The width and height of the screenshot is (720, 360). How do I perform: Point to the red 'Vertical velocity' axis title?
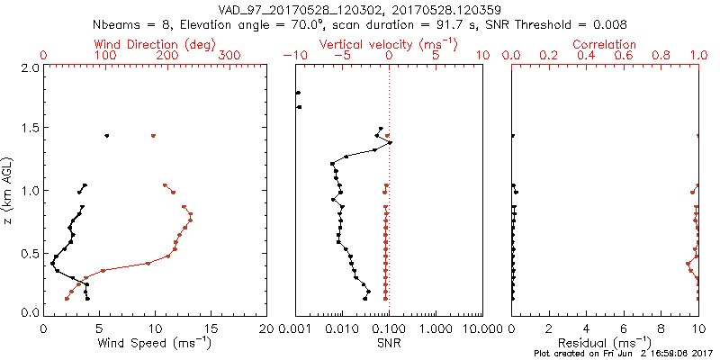(388, 44)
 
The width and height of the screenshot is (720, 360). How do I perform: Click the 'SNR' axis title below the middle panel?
(388, 342)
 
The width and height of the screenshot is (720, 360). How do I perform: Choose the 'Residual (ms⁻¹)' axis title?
(606, 342)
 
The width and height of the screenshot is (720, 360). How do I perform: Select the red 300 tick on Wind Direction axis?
(229, 56)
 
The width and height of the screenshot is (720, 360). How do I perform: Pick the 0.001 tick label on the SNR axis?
(294, 328)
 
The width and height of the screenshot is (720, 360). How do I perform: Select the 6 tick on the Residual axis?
(624, 328)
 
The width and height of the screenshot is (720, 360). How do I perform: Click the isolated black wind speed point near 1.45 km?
(107, 136)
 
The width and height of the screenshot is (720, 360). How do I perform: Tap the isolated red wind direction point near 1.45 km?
(154, 136)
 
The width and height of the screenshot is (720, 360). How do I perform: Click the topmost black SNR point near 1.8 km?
(298, 93)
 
